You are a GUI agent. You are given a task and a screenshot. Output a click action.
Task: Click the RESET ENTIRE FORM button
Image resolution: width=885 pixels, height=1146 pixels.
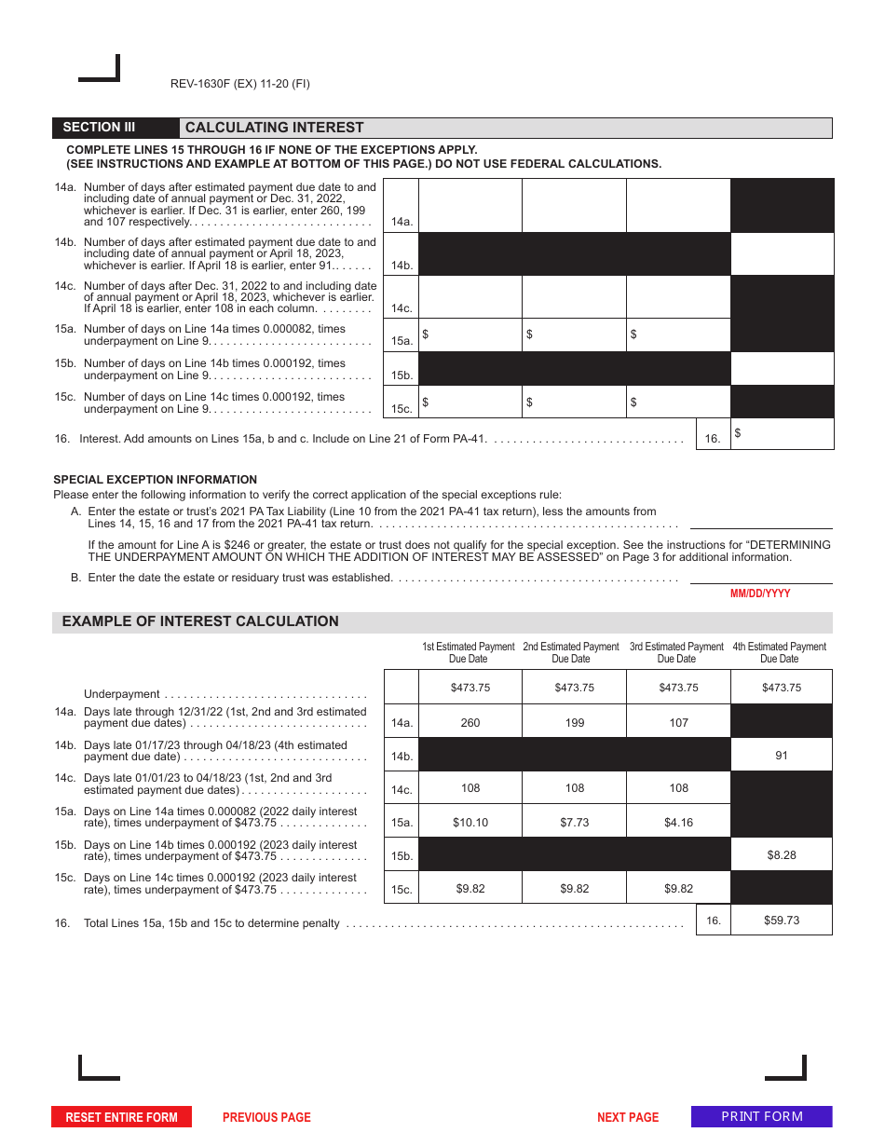(x=121, y=1117)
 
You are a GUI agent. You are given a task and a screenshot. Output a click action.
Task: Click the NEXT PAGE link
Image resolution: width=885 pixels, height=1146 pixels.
(x=627, y=1117)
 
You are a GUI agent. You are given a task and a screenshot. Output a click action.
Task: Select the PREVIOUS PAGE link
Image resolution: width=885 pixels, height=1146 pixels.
(x=266, y=1117)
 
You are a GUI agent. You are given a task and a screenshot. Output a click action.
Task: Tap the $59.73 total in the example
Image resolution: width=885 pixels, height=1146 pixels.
(x=781, y=920)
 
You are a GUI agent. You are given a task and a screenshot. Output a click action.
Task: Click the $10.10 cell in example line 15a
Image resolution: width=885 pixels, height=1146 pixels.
(x=470, y=822)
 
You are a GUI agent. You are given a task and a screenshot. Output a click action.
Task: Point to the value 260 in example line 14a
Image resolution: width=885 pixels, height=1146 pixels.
(x=470, y=722)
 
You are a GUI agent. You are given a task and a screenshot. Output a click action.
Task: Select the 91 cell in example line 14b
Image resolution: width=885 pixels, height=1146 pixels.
(x=781, y=756)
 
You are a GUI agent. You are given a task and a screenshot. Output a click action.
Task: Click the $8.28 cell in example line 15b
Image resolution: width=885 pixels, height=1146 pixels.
(x=781, y=854)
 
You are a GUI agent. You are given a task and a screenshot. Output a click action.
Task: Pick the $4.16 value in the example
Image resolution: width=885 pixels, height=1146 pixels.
(x=678, y=822)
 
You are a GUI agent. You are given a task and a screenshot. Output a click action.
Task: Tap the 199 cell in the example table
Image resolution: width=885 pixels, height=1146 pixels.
(x=575, y=722)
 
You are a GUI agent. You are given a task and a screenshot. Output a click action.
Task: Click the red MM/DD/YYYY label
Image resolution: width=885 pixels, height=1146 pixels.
(x=760, y=593)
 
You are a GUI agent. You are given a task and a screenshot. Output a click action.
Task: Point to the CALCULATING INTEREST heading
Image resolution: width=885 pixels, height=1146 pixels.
(x=275, y=128)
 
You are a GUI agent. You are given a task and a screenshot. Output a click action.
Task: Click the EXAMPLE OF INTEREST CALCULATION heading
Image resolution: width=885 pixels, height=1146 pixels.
(x=200, y=621)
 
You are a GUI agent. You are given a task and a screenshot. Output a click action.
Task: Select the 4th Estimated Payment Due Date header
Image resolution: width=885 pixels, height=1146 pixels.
(x=779, y=652)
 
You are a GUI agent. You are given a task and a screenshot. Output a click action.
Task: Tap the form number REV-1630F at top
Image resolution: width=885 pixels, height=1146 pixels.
(x=239, y=84)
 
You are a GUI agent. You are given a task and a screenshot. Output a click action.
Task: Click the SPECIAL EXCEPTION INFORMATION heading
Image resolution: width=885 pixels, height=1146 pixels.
(x=155, y=480)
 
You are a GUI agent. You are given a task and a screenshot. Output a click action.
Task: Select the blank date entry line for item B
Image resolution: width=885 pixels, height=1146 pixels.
(x=760, y=577)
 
